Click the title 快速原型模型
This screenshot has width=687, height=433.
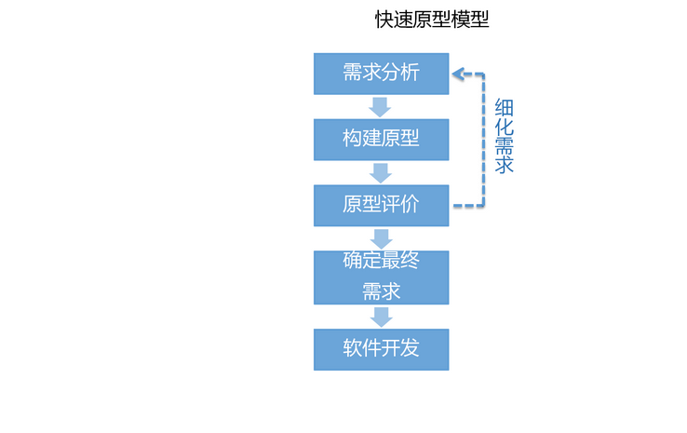(x=432, y=20)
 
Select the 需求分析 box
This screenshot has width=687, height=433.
(x=381, y=74)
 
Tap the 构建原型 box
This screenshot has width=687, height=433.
(x=381, y=140)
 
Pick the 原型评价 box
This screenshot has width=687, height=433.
(x=381, y=205)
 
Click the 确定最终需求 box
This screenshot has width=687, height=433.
(x=381, y=277)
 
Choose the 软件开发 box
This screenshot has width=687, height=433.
(x=381, y=349)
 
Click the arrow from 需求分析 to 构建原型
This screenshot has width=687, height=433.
(x=380, y=106)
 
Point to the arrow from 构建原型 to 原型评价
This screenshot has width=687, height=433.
(x=380, y=172)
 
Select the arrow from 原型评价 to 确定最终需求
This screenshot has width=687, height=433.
(x=380, y=238)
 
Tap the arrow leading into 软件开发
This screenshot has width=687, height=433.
(x=380, y=317)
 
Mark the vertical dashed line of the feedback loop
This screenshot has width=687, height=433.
(x=483, y=140)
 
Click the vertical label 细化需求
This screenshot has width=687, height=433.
(x=505, y=136)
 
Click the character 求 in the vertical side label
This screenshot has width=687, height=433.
(x=505, y=166)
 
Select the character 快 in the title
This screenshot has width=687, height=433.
(x=384, y=20)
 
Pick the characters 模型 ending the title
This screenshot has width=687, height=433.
(x=470, y=20)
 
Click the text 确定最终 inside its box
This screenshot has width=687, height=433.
(x=381, y=261)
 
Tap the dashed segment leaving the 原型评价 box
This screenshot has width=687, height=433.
(x=467, y=205)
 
